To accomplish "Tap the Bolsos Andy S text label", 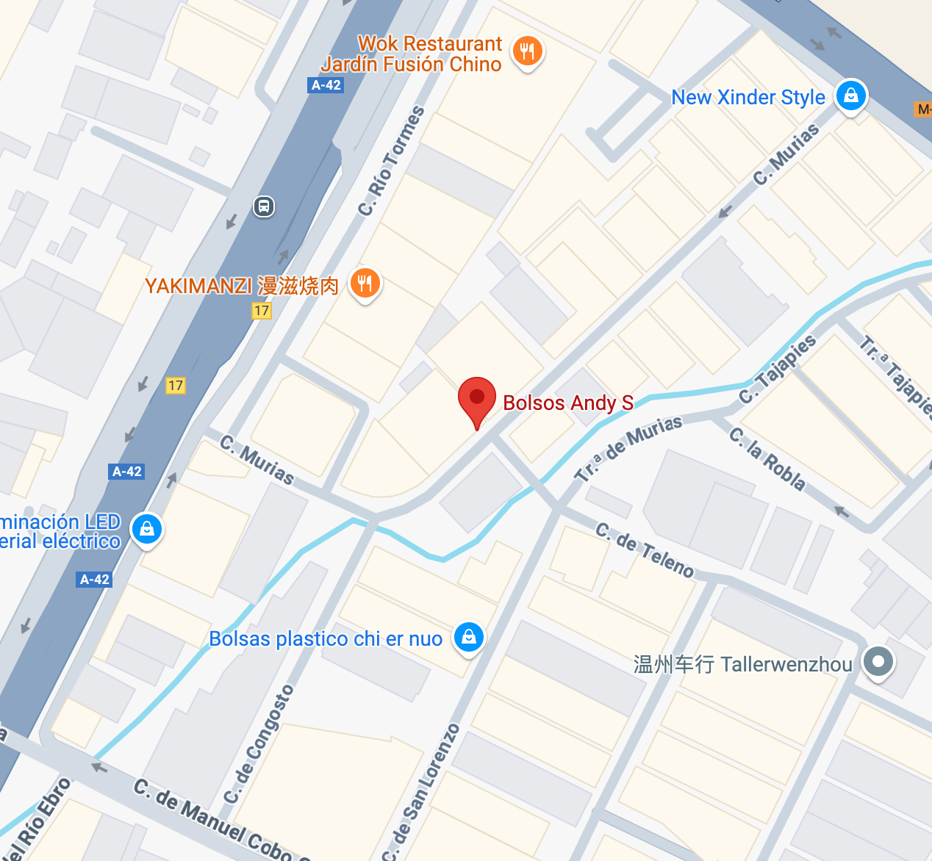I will point(567,403).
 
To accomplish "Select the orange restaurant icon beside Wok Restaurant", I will point(527,51).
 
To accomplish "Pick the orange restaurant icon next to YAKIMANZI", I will point(365,283).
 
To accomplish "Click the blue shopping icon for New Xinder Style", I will point(851,96).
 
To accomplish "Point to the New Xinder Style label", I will point(748,97).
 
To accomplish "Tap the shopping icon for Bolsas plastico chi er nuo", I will point(469,636).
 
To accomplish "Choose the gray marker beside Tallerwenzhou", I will point(878,661).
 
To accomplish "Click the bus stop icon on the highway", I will point(264,206).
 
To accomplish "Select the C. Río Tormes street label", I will point(391,161).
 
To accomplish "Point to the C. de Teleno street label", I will point(644,550).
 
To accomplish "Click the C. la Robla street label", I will point(767,459).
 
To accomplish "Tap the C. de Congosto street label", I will point(259,743).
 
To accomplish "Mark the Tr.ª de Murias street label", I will point(628,447).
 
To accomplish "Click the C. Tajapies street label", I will point(778,369).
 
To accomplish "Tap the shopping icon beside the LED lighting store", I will point(146,528).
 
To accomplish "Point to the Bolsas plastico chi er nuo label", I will point(326,638).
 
